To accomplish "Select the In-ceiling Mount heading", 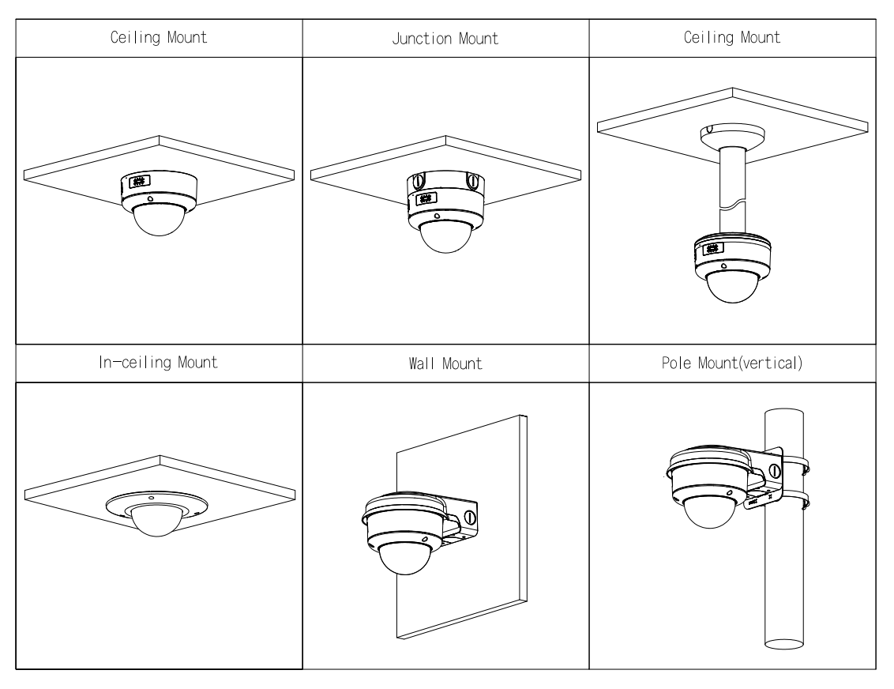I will pyautogui.click(x=159, y=363).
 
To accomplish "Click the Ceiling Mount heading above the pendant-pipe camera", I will pyautogui.click(x=732, y=38).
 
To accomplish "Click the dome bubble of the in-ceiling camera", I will pyautogui.click(x=156, y=521).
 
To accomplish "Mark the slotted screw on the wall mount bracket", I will pyautogui.click(x=471, y=518).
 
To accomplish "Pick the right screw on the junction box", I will pyautogui.click(x=472, y=181).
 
